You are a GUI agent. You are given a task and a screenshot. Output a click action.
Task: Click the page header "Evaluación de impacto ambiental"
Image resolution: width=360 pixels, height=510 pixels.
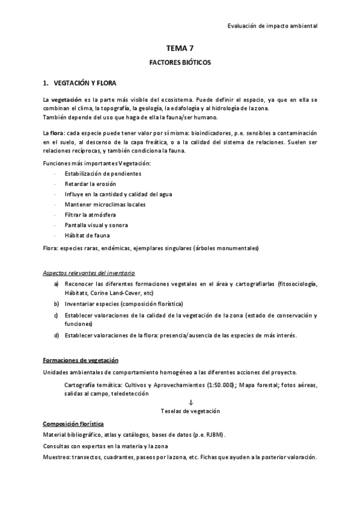click(x=273, y=26)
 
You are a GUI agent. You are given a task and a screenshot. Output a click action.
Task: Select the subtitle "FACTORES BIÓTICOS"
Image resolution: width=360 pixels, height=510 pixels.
click(x=180, y=63)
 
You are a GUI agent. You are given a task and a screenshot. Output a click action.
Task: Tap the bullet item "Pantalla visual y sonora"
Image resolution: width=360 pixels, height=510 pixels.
click(x=88, y=225)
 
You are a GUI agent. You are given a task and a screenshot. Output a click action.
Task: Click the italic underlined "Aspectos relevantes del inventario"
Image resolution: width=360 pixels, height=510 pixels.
click(x=89, y=272)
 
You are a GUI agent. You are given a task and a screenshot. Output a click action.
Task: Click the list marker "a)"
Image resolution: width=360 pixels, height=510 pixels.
click(x=56, y=283)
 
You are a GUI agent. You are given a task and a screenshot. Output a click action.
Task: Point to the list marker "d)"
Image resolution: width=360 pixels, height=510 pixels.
click(x=56, y=335)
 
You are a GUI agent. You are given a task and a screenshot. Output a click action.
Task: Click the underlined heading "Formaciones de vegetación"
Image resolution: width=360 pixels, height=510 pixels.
click(x=81, y=360)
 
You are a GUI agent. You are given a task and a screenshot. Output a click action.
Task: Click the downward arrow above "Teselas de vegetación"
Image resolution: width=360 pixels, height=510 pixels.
click(x=190, y=402)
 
